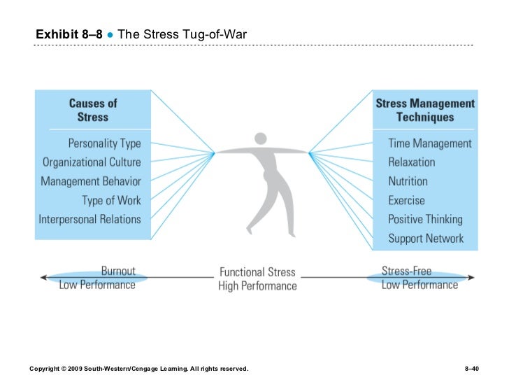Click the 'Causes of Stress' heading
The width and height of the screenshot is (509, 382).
93,111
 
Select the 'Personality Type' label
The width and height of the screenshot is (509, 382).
104,143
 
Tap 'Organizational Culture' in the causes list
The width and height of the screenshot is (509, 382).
92,162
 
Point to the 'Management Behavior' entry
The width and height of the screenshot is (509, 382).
91,181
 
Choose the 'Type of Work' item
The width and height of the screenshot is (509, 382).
111,200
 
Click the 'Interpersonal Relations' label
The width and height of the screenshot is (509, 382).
89,219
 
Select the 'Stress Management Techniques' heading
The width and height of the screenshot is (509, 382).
425,111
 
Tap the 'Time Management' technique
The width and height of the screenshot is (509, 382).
430,143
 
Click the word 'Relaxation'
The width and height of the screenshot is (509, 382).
412,162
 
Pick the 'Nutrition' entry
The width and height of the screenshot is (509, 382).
408,181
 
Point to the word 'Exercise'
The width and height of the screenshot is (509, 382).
407,200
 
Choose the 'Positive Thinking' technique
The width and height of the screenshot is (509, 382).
426,219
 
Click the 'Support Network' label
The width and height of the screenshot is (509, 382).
426,238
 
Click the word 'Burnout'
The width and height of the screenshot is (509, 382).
118,271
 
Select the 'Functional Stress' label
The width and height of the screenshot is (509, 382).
257,272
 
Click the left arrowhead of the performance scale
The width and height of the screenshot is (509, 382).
43,278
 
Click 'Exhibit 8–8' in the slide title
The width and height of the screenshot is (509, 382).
69,34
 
